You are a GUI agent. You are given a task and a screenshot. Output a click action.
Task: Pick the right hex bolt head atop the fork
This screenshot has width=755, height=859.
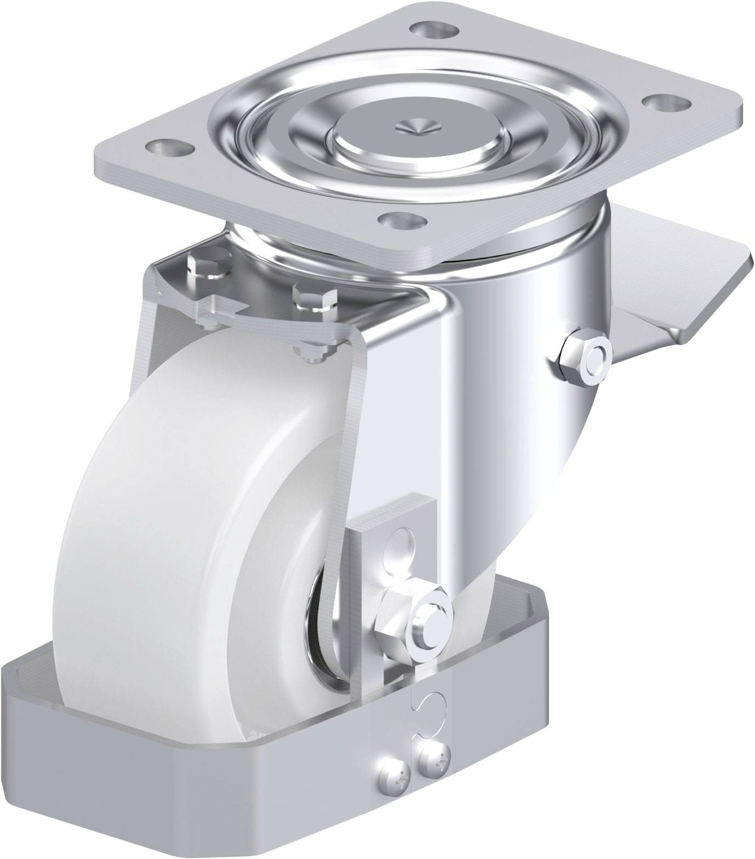click(x=314, y=299)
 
